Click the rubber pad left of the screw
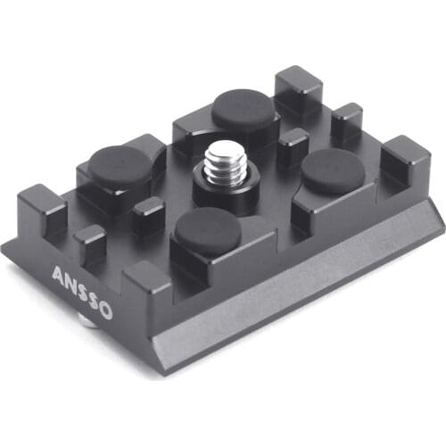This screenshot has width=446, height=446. pos(120,166)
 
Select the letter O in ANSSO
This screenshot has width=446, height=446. pos(105,310)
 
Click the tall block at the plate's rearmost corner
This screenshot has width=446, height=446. pos(299,89)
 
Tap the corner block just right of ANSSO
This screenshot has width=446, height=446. pos(145,286)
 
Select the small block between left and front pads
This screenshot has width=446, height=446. pos(148,215)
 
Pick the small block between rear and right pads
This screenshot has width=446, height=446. pos(292,145)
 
